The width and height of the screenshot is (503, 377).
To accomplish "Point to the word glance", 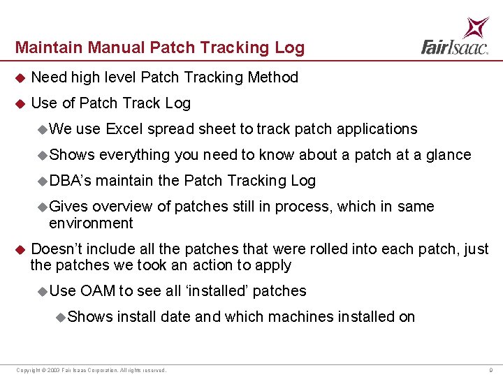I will [448, 155].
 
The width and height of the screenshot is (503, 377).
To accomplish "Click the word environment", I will [91, 223].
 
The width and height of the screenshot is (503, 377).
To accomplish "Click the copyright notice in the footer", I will [92, 370].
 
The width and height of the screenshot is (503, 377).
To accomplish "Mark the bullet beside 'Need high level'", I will [20, 77].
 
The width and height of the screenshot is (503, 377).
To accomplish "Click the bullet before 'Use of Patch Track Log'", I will [20, 103].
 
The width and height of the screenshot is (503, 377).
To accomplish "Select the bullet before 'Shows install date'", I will [61, 318].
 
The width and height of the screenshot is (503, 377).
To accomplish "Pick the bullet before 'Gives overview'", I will [43, 207].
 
